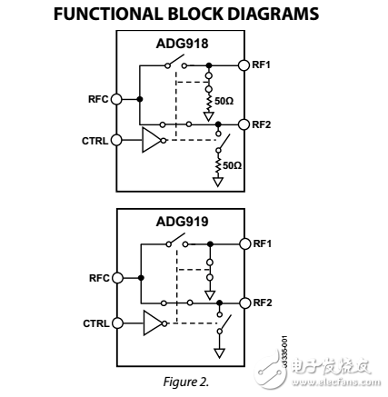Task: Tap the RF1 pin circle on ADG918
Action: pyautogui.click(x=244, y=65)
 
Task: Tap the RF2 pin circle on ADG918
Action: pyautogui.click(x=244, y=124)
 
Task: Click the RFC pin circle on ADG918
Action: pyautogui.click(x=116, y=99)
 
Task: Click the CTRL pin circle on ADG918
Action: pyautogui.click(x=116, y=141)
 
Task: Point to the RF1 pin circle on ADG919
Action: pyautogui.click(x=244, y=243)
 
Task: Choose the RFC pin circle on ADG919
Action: pyautogui.click(x=116, y=279)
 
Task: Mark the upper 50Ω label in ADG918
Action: pyautogui.click(x=224, y=101)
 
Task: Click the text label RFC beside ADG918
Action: pyautogui.click(x=98, y=99)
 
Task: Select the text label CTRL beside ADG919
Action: pyautogui.click(x=95, y=322)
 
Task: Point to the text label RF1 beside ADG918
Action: pyautogui.click(x=262, y=65)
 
